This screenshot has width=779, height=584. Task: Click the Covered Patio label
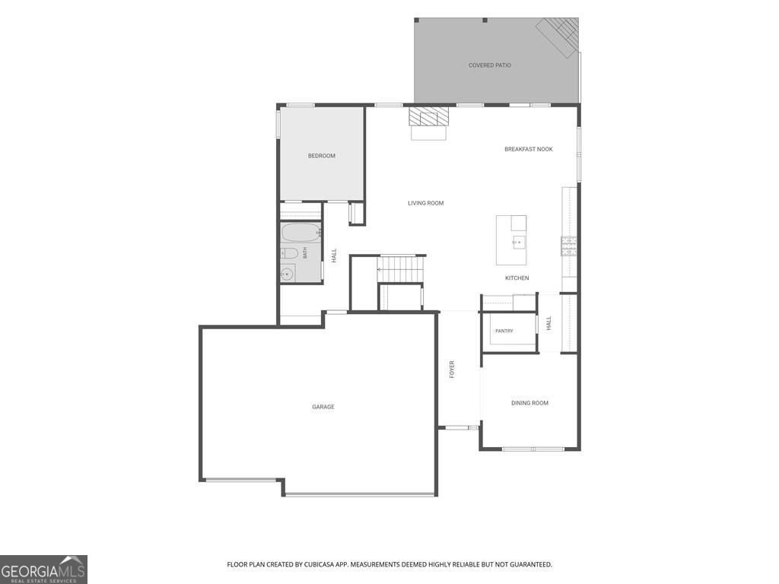(x=489, y=65)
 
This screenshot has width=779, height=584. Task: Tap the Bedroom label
(x=322, y=156)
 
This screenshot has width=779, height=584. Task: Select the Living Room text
(x=426, y=203)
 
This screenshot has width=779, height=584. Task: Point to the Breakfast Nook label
(x=528, y=149)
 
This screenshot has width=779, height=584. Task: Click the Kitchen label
(x=517, y=278)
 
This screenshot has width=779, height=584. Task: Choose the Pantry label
(x=504, y=331)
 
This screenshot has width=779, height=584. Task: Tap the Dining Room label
(x=529, y=403)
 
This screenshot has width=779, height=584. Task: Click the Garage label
(x=323, y=407)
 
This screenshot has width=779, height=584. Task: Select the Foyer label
(x=452, y=370)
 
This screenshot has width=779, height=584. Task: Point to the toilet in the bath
(x=288, y=254)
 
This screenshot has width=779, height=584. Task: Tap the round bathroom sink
(x=287, y=274)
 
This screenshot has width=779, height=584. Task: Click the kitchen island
(x=511, y=240)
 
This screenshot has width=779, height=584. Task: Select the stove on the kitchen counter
(x=569, y=246)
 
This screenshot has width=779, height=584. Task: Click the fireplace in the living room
(x=428, y=122)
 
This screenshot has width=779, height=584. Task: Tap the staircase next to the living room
(x=400, y=270)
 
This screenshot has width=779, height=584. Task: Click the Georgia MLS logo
(x=43, y=570)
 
